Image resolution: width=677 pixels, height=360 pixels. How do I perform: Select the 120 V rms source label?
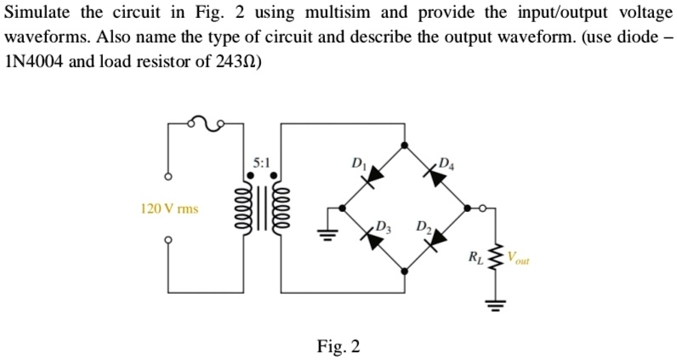click(x=169, y=209)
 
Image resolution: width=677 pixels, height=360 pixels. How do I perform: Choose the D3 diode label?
click(x=384, y=226)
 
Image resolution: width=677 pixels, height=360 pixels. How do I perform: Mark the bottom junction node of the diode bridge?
click(x=404, y=271)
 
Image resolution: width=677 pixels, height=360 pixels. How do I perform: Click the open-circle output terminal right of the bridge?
click(x=483, y=207)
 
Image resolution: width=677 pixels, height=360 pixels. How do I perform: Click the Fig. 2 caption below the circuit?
click(x=338, y=346)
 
